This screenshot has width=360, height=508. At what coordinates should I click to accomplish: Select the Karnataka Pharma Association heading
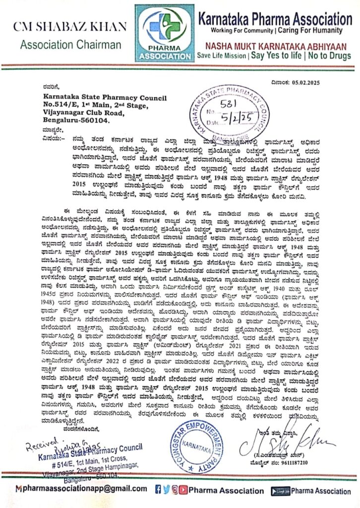coord(275,19)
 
